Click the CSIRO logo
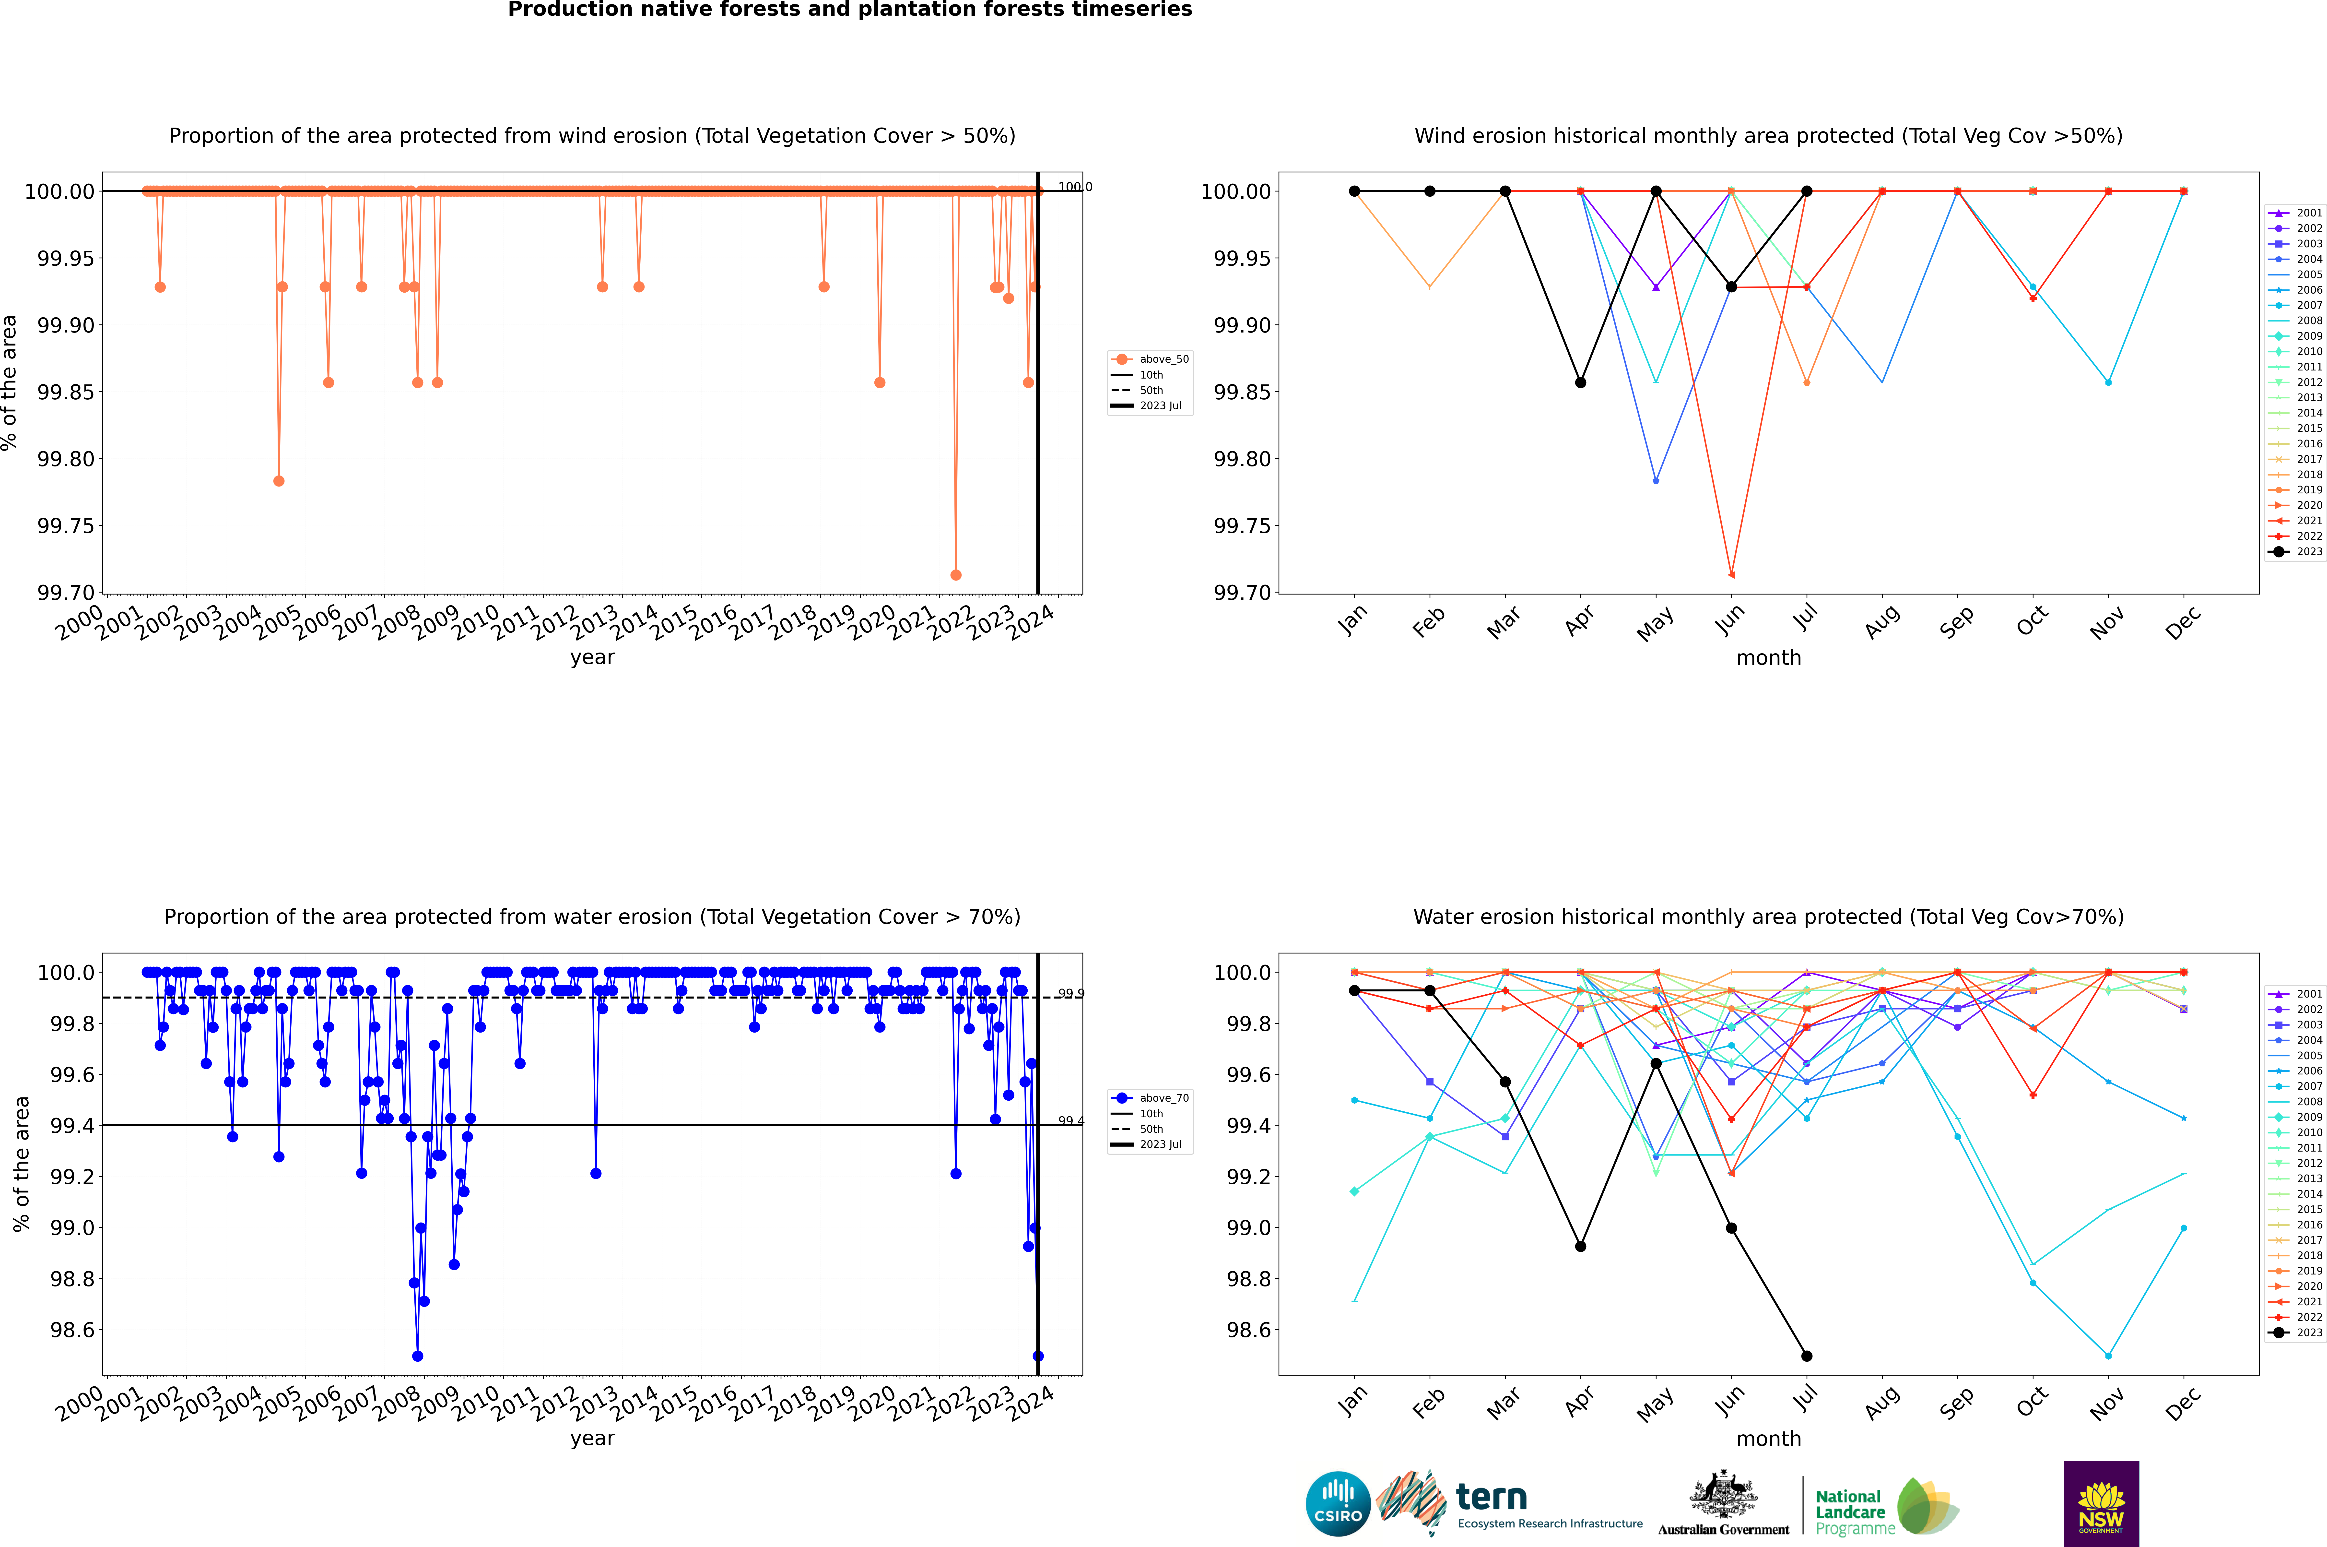1338,1504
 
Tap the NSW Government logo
2101,1504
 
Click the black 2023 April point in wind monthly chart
1580,383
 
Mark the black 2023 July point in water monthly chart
1806,1356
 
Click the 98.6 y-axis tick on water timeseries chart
72,1330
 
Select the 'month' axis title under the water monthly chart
1768,1439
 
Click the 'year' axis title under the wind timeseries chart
592,657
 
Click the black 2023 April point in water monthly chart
1580,1246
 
